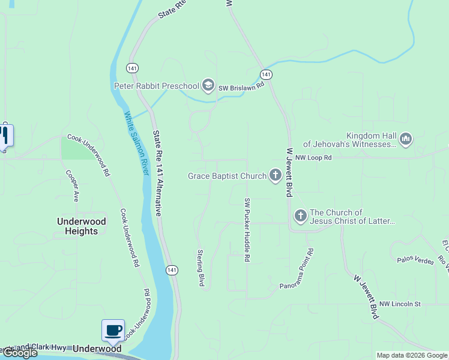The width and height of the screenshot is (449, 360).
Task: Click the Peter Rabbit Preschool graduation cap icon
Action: pyautogui.click(x=208, y=86)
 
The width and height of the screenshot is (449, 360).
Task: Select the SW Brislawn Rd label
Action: pyautogui.click(x=241, y=86)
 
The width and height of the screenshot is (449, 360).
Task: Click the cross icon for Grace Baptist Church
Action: pyautogui.click(x=276, y=176)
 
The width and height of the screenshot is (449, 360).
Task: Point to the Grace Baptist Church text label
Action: pyautogui.click(x=227, y=176)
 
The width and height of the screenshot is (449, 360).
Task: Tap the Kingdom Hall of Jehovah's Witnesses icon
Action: pyautogui.click(x=406, y=139)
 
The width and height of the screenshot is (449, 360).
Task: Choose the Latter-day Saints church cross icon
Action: pyautogui.click(x=300, y=215)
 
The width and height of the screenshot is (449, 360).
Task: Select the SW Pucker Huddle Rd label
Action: pyautogui.click(x=247, y=230)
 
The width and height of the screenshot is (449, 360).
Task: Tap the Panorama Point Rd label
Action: pyautogui.click(x=297, y=270)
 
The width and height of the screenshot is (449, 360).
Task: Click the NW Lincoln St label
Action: pyautogui.click(x=400, y=304)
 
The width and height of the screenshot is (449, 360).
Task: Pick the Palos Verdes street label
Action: pyautogui.click(x=415, y=260)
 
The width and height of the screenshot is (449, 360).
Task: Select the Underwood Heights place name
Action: pyautogui.click(x=82, y=226)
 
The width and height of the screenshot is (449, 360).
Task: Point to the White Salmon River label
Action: pyautogui.click(x=136, y=143)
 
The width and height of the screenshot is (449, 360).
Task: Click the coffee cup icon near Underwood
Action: pyautogui.click(x=113, y=329)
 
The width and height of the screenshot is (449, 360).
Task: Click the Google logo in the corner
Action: pyautogui.click(x=20, y=353)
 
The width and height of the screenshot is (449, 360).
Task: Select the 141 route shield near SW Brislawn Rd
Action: pyautogui.click(x=267, y=74)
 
